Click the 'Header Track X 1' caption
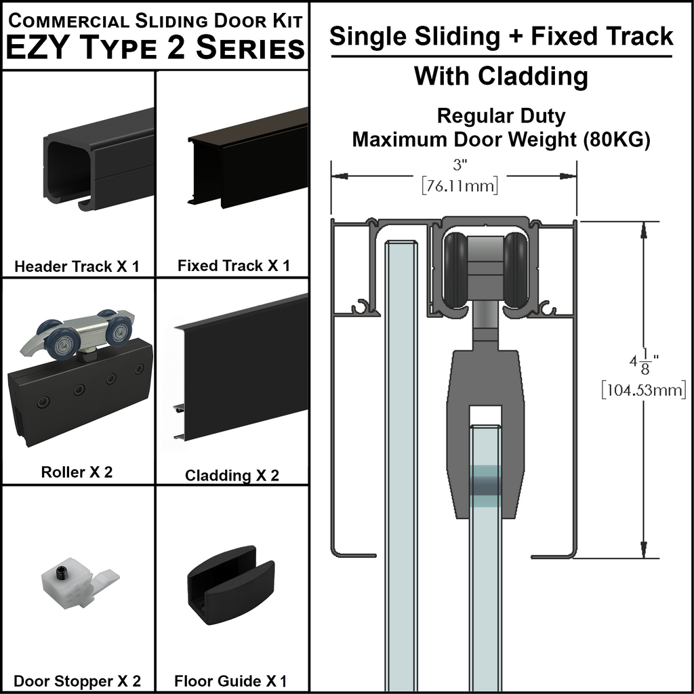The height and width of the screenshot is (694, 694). click(77, 266)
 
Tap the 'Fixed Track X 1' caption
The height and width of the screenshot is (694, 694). click(233, 265)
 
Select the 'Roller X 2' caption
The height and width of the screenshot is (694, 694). click(77, 472)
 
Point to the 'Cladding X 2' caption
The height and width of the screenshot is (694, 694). click(232, 475)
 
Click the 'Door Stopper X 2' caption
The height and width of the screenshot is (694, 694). click(77, 680)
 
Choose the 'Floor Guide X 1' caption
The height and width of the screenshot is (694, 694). click(230, 680)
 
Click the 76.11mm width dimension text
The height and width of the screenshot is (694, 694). click(460, 186)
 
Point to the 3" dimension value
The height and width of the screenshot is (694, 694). click(460, 164)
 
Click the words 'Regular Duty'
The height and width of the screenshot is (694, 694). click(501, 116)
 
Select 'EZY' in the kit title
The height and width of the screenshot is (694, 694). click(39, 49)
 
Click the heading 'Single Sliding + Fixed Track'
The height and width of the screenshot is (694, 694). click(501, 36)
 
